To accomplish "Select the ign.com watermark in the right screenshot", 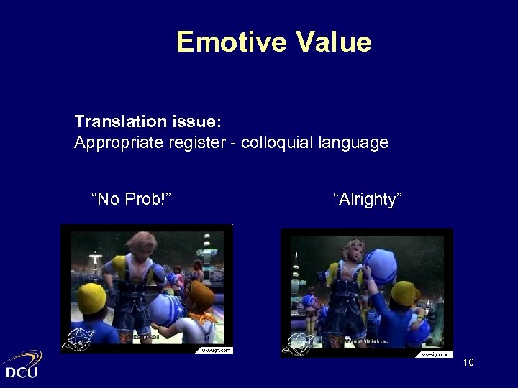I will point(436,353).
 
